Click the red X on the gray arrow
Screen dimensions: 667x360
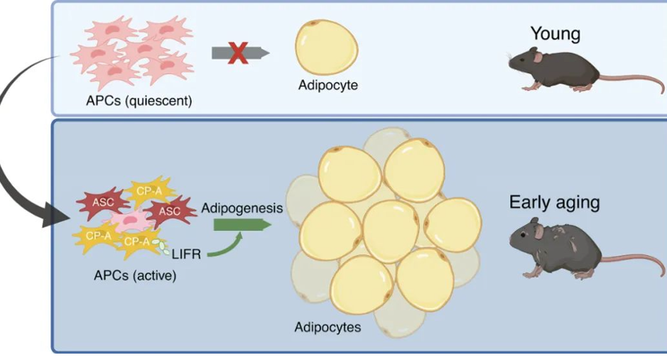click(238, 53)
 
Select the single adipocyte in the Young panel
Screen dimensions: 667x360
click(326, 47)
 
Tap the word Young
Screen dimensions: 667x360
click(555, 33)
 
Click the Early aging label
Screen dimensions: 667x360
click(554, 203)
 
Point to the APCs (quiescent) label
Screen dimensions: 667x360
click(139, 101)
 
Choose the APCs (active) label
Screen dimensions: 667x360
click(135, 276)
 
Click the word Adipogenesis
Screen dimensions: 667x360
click(242, 208)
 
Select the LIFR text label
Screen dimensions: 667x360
click(186, 254)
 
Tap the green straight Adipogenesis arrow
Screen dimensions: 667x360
click(242, 224)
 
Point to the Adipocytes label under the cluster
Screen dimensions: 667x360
click(327, 327)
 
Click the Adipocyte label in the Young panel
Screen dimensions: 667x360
click(328, 85)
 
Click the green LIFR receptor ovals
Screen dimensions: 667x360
click(159, 246)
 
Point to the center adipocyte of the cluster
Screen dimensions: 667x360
click(391, 231)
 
